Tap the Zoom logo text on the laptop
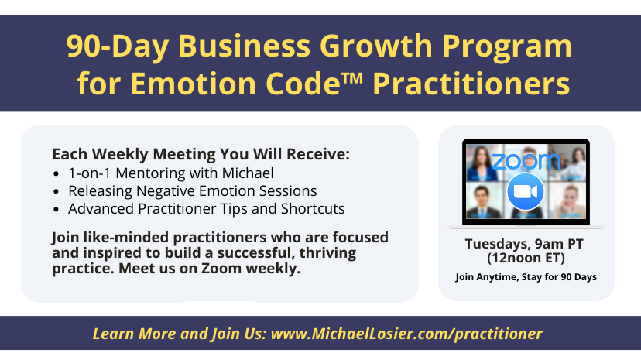click(526, 162)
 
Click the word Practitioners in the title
click(471, 84)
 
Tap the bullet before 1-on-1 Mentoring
click(57, 174)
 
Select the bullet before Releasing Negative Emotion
click(57, 192)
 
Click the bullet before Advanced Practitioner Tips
click(57, 210)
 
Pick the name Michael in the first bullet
click(248, 173)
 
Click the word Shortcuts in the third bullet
click(313, 209)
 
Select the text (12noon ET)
click(526, 259)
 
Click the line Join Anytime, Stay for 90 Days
click(526, 277)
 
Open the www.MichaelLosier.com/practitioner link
click(406, 334)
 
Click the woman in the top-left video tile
click(482, 163)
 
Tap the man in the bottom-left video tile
click(482, 201)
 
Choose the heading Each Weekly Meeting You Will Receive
click(201, 155)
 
